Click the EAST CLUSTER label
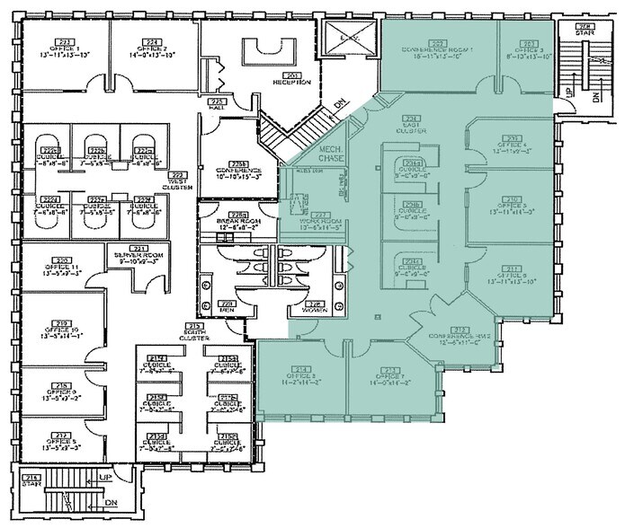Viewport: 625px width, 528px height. coord(413,126)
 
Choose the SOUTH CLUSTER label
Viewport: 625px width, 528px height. coord(194,333)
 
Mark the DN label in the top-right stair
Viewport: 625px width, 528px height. coord(597,97)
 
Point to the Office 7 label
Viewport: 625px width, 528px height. coord(390,379)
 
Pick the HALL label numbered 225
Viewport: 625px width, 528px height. coord(215,107)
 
